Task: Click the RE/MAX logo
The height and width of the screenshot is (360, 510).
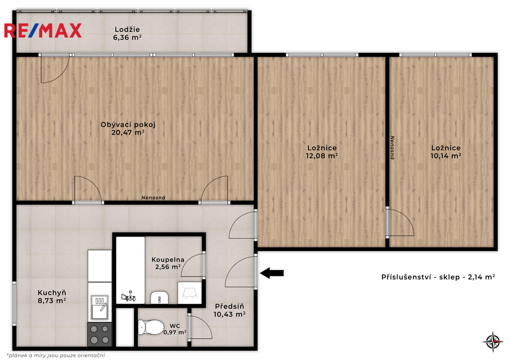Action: (43, 30)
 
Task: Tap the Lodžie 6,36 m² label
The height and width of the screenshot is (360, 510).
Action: (127, 33)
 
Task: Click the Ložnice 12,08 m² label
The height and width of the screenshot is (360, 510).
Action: (322, 152)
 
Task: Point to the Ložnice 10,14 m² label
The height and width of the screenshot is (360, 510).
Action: (446, 152)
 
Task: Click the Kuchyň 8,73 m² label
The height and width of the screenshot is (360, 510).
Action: (52, 297)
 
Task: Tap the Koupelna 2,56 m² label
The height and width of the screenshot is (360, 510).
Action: (168, 263)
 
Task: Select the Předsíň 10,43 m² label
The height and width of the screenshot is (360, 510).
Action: (229, 310)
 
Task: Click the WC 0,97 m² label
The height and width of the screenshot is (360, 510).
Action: (175, 329)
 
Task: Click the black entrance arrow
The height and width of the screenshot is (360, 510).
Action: (272, 273)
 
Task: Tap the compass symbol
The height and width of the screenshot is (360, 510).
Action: (493, 341)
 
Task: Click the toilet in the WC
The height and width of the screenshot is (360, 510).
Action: (150, 327)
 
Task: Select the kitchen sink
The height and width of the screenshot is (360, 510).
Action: (99, 307)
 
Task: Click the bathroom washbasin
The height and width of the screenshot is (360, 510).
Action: (159, 297)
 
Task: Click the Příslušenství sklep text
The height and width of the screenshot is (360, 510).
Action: (438, 277)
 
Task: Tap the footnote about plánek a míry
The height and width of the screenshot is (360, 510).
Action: (55, 356)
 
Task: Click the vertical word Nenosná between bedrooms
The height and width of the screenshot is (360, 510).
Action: (392, 148)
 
